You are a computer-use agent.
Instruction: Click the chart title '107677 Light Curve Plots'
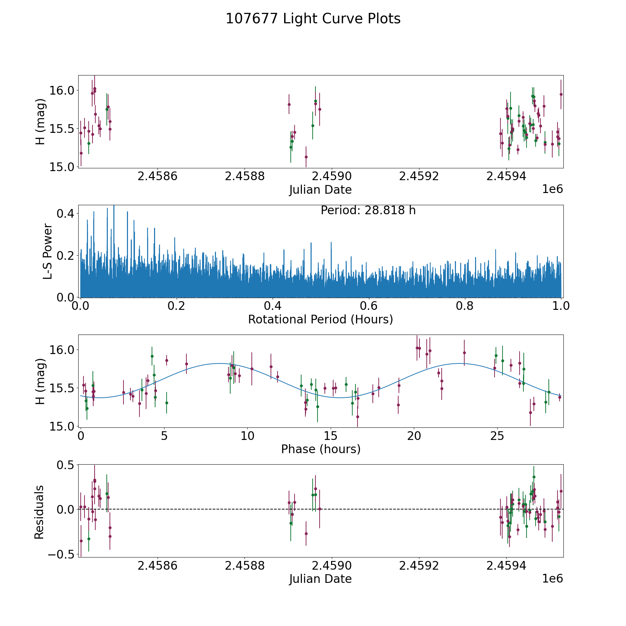313,19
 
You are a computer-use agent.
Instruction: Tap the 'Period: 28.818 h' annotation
368,210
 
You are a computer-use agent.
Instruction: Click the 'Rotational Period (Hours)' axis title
321,319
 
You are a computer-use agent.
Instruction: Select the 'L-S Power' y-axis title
48,251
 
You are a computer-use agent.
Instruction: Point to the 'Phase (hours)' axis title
321,449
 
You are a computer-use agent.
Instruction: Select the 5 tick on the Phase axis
164,436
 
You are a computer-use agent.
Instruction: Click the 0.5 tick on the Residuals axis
65,465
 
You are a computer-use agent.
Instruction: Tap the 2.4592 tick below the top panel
419,177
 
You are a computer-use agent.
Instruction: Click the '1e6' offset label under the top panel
552,189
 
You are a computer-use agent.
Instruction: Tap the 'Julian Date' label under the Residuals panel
321,579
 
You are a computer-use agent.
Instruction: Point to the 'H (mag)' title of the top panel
41,122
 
